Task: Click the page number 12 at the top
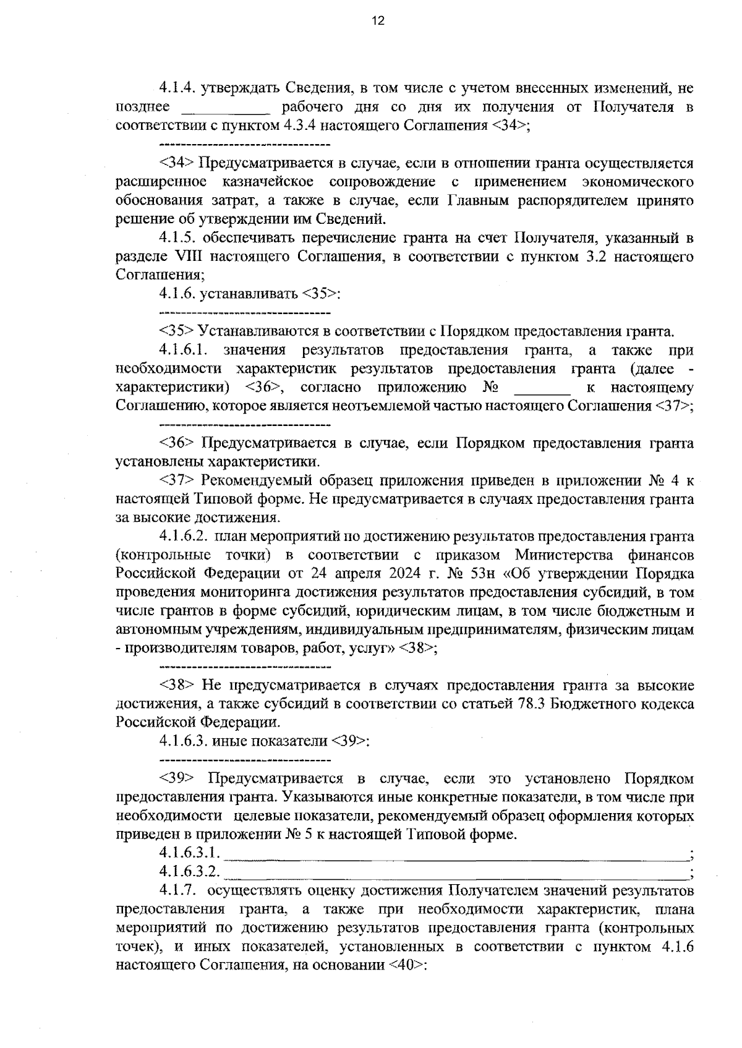(378, 21)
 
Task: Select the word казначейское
(267, 182)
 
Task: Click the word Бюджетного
(589, 704)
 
